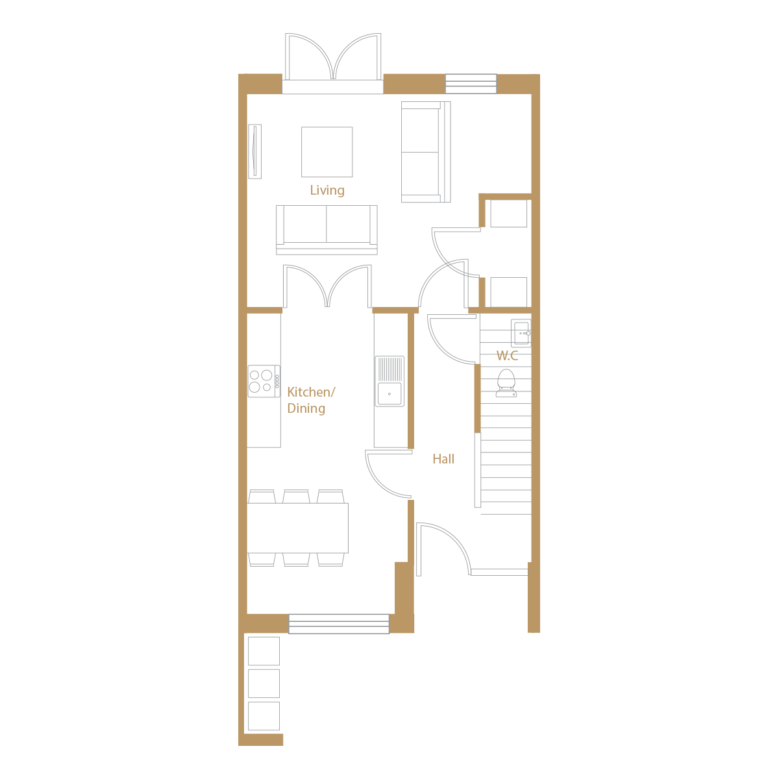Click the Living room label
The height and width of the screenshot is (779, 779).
327,190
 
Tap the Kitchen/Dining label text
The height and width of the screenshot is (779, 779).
310,400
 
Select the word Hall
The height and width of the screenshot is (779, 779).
443,459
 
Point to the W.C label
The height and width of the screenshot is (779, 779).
507,355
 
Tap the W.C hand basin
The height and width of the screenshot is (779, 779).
521,333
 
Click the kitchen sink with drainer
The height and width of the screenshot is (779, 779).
389,382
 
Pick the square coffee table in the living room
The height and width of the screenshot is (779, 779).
327,152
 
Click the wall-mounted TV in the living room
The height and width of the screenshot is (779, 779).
254,151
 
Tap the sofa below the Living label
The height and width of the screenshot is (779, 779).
327,230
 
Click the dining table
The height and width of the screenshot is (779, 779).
298,528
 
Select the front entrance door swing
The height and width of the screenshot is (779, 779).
443,549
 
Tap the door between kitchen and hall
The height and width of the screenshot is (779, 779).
388,475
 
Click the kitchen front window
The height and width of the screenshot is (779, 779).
339,623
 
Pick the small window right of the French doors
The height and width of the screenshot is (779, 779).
471,84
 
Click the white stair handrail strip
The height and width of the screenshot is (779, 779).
478,470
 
